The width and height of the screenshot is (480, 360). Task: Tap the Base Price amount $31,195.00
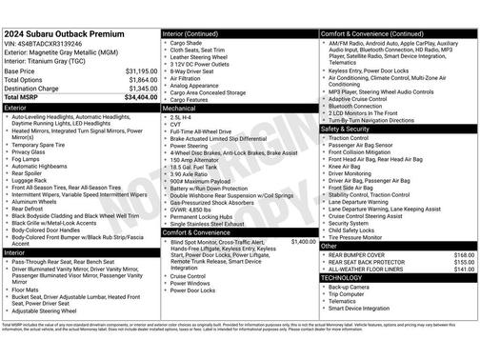pyautogui.click(x=142, y=71)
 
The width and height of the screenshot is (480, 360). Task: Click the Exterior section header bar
pyautogui.click(x=81, y=109)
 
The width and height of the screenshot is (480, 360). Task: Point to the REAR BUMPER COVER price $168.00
pyautogui.click(x=463, y=255)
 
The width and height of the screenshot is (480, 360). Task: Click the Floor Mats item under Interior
pyautogui.click(x=28, y=290)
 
